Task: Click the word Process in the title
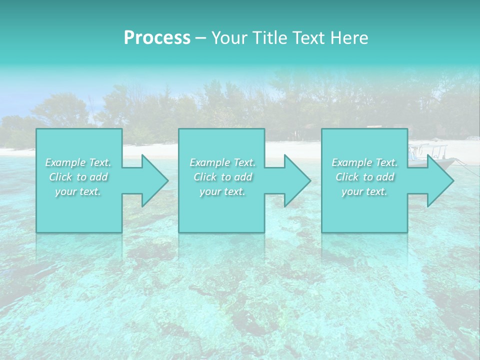pyautogui.click(x=157, y=38)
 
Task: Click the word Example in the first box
pyautogui.click(x=65, y=162)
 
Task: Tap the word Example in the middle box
pyautogui.click(x=209, y=162)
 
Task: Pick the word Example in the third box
pyautogui.click(x=351, y=162)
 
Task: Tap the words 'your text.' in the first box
pyautogui.click(x=78, y=191)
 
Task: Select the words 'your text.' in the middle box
pyautogui.click(x=222, y=191)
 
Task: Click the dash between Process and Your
pyautogui.click(x=201, y=38)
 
